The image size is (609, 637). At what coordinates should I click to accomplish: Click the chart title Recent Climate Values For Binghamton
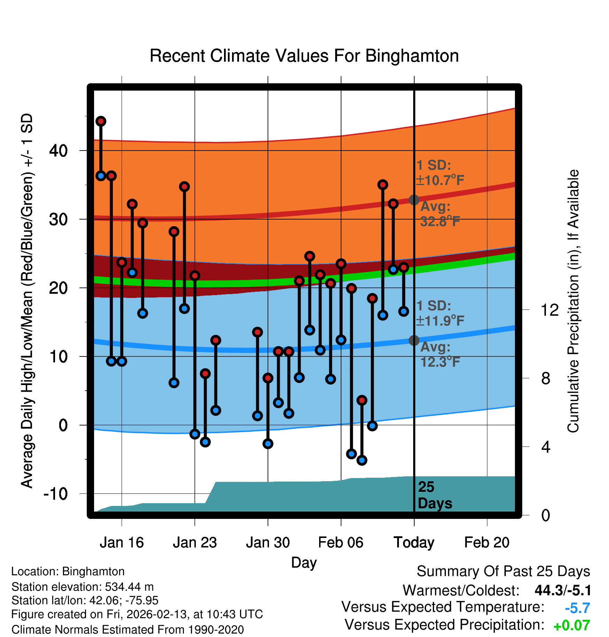point(304,56)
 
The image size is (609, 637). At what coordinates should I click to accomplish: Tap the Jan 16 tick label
point(122,542)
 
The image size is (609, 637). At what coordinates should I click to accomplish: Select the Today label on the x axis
point(414,542)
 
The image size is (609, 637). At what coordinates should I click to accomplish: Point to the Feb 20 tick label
point(487,542)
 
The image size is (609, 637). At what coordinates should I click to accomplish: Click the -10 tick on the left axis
point(56,494)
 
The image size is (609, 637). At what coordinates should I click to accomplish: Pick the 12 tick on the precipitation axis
point(550,310)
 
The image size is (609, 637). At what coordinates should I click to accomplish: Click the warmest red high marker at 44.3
point(101,121)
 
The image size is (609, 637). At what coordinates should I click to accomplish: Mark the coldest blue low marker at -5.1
point(362,460)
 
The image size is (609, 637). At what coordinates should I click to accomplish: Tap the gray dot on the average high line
point(414,200)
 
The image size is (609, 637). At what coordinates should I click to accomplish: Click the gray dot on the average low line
point(414,340)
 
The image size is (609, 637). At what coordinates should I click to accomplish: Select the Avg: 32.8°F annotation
point(440,214)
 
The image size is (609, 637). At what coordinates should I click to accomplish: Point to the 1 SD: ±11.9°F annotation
point(440,313)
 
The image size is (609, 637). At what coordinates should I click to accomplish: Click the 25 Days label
point(434,495)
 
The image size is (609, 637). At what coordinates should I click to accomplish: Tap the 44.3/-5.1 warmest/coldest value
point(563,590)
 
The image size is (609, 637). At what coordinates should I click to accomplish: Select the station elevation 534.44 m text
point(83,587)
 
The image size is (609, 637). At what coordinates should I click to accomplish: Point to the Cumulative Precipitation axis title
point(573,301)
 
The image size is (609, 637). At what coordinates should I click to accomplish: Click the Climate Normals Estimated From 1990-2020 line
point(128,630)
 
